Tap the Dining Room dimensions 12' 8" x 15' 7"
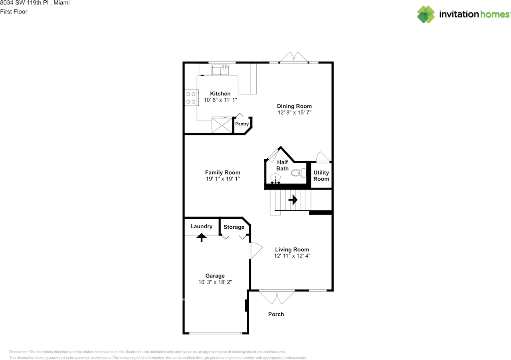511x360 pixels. pyautogui.click(x=294, y=113)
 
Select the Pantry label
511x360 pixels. pyautogui.click(x=242, y=124)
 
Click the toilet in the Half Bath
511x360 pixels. pyautogui.click(x=299, y=173)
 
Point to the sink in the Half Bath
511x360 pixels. pyautogui.click(x=275, y=177)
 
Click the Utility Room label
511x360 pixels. pyautogui.click(x=321, y=176)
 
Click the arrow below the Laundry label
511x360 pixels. pyautogui.click(x=202, y=238)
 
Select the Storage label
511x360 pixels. pyautogui.click(x=234, y=227)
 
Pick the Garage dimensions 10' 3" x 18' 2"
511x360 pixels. pyautogui.click(x=215, y=282)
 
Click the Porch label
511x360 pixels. pyautogui.click(x=276, y=314)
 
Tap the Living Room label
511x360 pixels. pyautogui.click(x=292, y=249)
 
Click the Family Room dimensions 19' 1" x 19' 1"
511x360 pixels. pyautogui.click(x=223, y=179)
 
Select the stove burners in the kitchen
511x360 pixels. pyautogui.click(x=191, y=98)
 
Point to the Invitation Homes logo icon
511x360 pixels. pyautogui.click(x=426, y=14)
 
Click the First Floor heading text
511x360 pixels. pyautogui.click(x=14, y=12)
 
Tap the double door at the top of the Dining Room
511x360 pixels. pyautogui.click(x=294, y=57)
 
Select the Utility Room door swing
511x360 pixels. pyautogui.click(x=323, y=157)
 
